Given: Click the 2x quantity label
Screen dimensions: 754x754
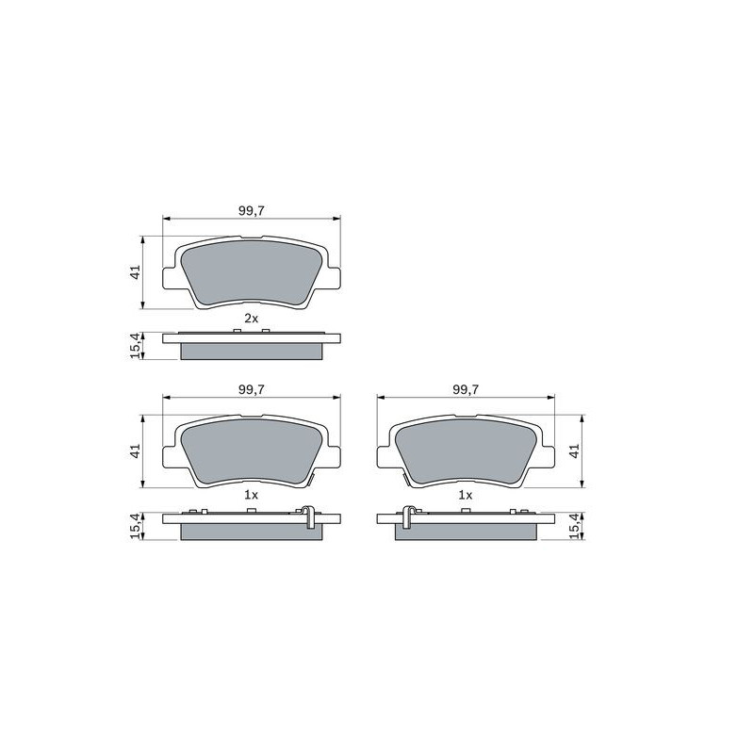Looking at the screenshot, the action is point(251,318).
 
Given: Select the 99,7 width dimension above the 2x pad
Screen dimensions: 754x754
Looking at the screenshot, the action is point(252,210).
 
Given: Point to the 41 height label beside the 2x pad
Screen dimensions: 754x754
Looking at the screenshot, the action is point(136,271).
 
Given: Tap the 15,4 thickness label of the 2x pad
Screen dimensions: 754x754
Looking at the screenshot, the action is point(136,345).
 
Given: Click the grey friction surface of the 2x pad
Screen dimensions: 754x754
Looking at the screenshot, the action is point(252,272).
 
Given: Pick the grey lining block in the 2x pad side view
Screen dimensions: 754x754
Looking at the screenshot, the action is point(252,352).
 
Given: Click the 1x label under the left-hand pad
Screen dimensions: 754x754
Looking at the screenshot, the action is point(251,495).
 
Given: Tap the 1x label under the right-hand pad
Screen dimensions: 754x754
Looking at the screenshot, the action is point(465,495).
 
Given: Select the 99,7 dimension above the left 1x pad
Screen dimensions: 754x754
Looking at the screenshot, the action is point(252,389).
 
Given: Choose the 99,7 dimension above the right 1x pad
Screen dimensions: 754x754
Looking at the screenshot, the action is point(466,389).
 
